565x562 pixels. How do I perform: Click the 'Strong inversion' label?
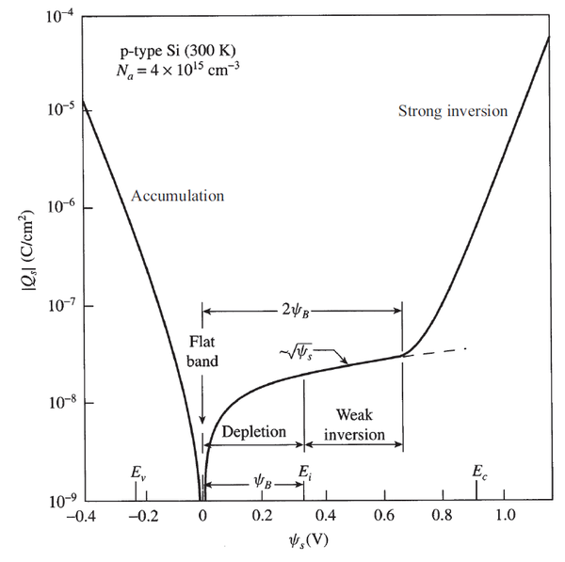(x=453, y=111)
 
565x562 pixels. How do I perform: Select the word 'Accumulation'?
(x=178, y=196)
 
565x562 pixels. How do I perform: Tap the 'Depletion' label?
(x=253, y=431)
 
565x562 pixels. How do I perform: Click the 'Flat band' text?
(x=202, y=350)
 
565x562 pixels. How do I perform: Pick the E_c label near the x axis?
(x=480, y=472)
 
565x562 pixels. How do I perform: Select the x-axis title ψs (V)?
(x=303, y=542)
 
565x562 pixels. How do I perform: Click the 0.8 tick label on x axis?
(x=444, y=517)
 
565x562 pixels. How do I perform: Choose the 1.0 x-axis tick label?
(x=506, y=517)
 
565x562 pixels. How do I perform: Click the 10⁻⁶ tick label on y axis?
(x=51, y=209)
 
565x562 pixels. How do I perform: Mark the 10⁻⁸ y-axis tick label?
(x=51, y=404)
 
